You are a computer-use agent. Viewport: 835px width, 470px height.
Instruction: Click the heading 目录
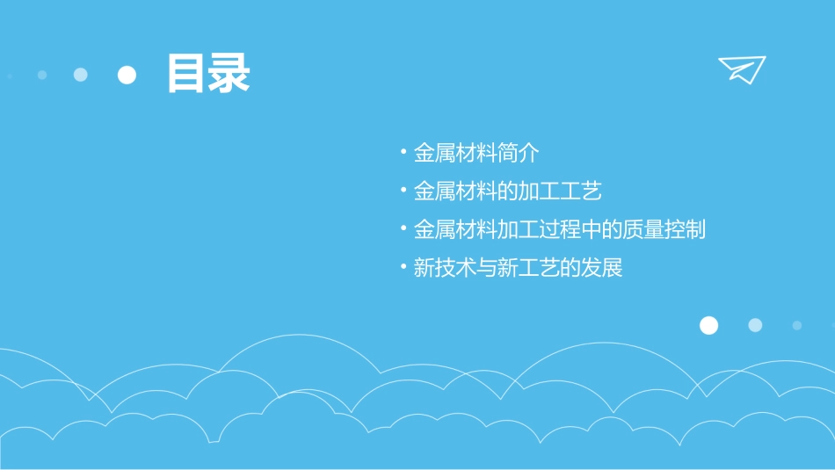point(208,74)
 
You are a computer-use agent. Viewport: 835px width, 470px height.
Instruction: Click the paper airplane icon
point(742,69)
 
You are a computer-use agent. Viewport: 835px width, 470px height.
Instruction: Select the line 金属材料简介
point(476,153)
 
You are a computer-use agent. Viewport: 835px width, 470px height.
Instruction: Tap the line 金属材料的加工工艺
point(507,191)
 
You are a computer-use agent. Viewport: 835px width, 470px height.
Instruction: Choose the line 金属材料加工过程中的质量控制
point(559,229)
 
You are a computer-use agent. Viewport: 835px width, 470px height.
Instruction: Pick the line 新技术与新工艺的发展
point(518,268)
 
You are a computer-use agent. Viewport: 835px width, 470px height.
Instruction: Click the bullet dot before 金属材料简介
point(403,153)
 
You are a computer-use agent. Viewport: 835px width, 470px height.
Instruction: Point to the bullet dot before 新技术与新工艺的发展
point(403,268)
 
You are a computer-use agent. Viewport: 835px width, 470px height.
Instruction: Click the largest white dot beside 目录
point(127,75)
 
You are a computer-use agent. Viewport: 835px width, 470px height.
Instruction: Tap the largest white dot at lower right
point(708,326)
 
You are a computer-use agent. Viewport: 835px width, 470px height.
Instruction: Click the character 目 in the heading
point(186,74)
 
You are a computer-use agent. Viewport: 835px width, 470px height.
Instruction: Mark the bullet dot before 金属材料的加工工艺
point(403,191)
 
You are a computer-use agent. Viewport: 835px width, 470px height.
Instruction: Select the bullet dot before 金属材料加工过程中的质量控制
point(403,229)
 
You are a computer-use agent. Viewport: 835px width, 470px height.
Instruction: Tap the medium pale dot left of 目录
point(81,75)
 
